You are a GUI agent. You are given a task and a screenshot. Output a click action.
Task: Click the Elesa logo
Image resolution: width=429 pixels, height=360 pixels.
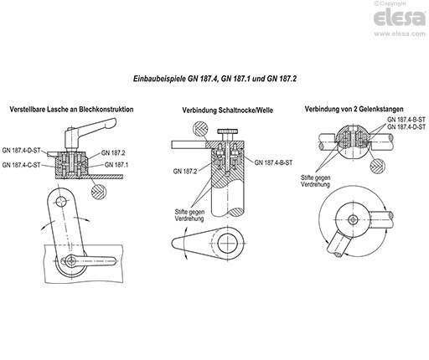coord(400,18)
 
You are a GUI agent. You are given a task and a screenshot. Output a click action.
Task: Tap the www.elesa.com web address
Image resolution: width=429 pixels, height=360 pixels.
coord(400,33)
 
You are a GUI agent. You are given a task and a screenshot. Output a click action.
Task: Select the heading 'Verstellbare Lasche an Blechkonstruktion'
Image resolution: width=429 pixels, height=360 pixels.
coord(71,109)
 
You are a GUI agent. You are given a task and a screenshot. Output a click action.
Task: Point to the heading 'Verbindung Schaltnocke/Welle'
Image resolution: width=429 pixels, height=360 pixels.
coord(228,111)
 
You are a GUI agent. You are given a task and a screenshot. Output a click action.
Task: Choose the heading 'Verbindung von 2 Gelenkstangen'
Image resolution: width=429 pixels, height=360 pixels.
coord(354,109)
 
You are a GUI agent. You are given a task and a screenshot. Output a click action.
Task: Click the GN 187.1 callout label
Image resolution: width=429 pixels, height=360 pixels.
coord(116,165)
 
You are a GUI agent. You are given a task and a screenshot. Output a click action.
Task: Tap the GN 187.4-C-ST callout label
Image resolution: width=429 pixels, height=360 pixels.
coord(22,165)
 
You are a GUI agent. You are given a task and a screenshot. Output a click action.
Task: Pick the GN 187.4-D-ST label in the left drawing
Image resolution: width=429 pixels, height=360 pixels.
coord(22,151)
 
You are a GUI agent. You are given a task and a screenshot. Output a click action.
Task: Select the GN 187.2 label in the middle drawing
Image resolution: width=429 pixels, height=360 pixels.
coord(185,172)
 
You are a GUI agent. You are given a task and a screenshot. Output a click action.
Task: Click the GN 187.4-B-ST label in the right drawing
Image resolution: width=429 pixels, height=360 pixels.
coord(406,120)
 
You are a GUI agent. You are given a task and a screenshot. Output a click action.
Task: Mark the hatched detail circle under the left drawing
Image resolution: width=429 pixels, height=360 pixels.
coord(99,192)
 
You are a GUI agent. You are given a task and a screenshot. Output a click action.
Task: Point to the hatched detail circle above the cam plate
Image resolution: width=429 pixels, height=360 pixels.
coord(200,129)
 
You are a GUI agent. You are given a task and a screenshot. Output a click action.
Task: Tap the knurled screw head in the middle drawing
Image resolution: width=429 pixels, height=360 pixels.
coord(228,131)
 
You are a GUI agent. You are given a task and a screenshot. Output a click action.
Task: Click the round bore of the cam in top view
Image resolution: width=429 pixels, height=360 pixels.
coord(229,242)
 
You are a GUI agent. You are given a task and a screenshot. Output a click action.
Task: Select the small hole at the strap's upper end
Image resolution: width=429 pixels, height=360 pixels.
coord(61,201)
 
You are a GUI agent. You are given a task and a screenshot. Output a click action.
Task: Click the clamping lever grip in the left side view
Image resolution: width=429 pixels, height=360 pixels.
coord(93,124)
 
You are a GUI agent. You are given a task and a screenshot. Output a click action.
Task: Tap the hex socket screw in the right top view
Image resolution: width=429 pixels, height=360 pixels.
coord(353,219)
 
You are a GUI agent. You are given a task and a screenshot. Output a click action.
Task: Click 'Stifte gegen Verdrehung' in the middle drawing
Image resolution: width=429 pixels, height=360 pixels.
coord(189,215)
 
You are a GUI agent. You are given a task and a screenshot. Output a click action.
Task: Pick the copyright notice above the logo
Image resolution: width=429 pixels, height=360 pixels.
coord(390,3)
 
